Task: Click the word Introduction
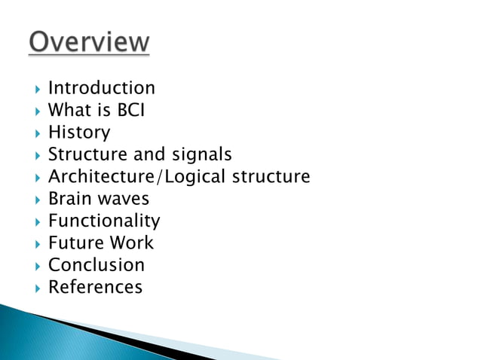(x=101, y=88)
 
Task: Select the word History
(x=78, y=133)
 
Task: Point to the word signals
(x=204, y=155)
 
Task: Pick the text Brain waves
(x=98, y=199)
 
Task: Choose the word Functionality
(x=104, y=221)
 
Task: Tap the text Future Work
(x=100, y=243)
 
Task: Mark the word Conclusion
(x=96, y=265)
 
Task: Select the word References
(x=95, y=287)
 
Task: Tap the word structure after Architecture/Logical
(x=271, y=178)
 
